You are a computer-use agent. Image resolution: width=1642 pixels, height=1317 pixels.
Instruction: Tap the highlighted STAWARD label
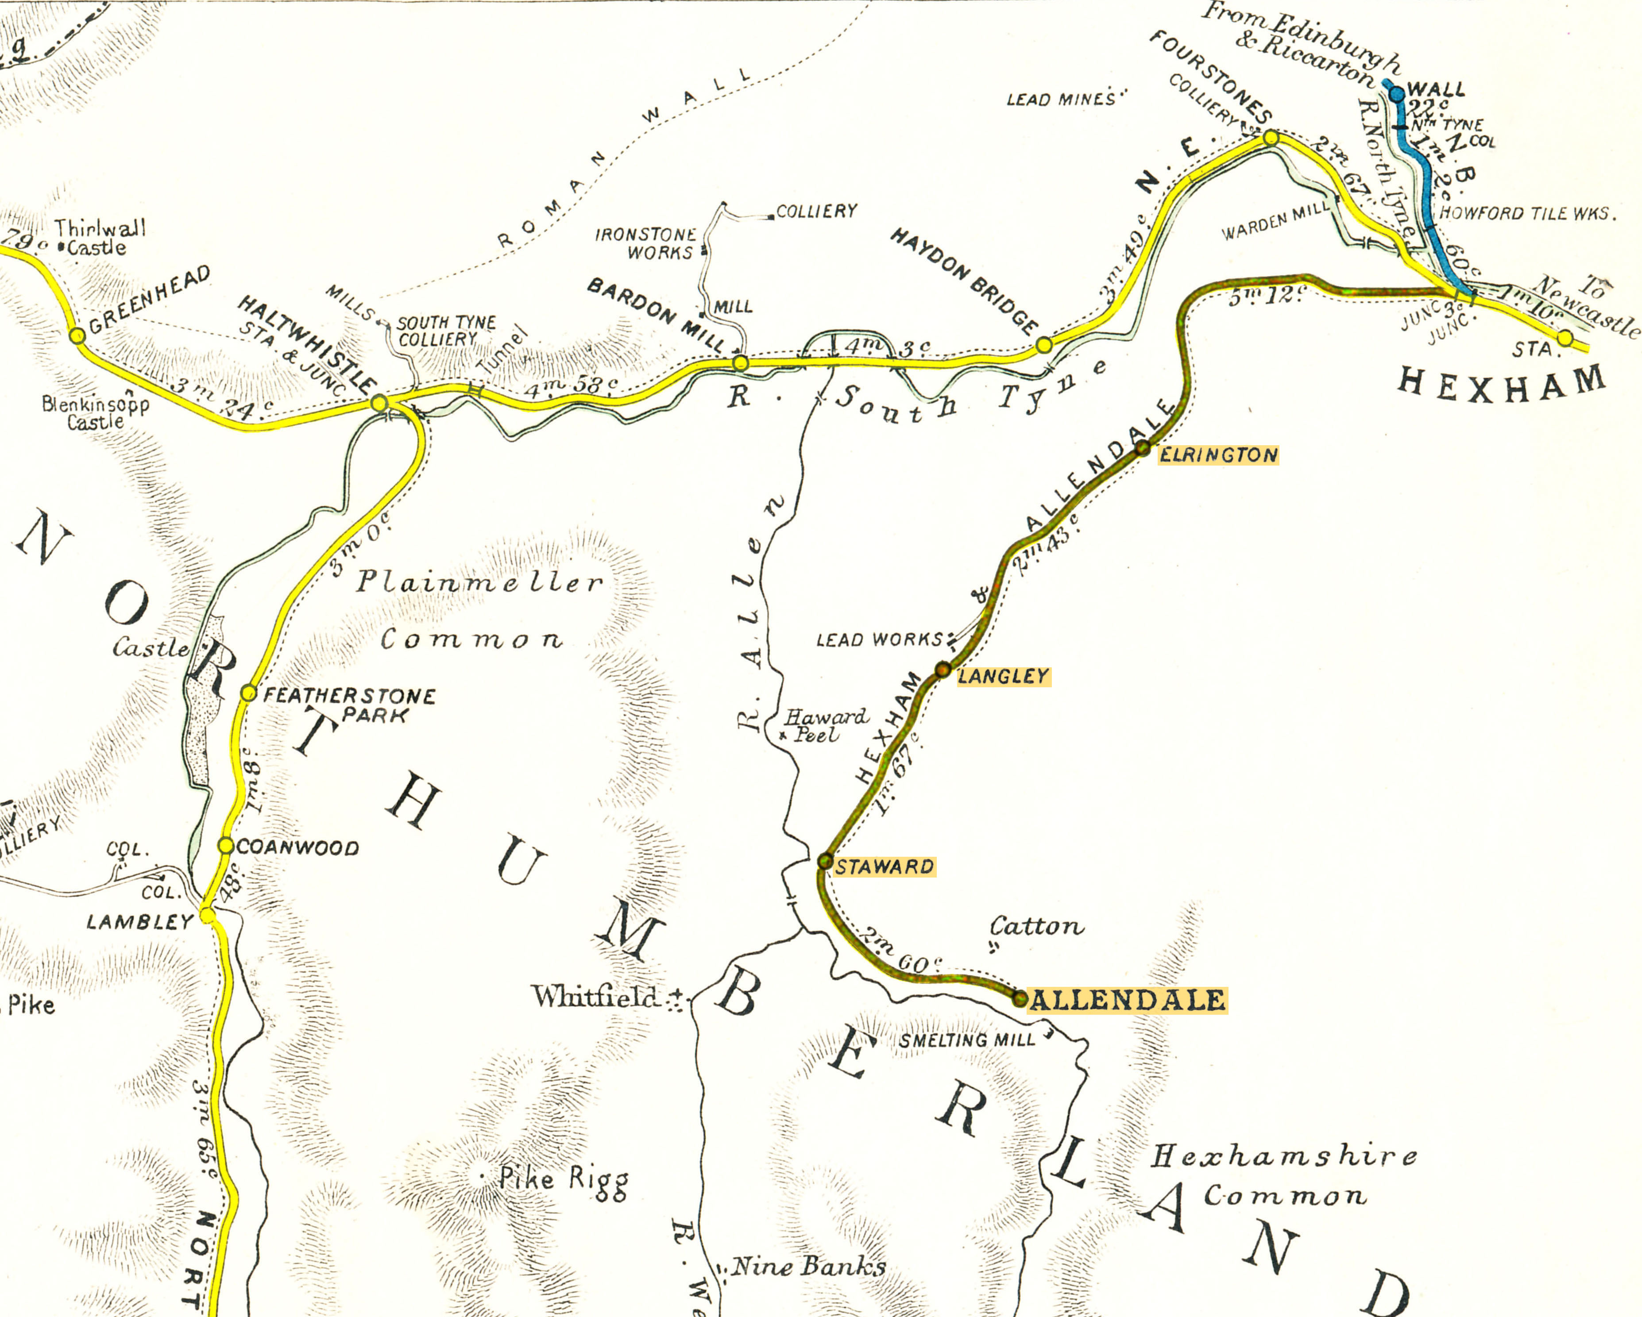(x=884, y=867)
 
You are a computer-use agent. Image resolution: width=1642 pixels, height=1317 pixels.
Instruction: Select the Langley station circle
(x=943, y=670)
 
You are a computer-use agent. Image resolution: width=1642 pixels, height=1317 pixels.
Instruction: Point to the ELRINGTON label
(x=1218, y=455)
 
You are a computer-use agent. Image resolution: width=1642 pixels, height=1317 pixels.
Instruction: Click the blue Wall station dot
(x=1397, y=94)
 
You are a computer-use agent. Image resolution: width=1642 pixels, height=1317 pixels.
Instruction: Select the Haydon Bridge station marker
(x=1044, y=346)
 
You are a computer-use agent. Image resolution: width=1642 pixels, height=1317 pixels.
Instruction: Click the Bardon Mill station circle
(x=740, y=363)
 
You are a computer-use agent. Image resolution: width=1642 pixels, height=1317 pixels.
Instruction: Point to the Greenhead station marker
(x=77, y=335)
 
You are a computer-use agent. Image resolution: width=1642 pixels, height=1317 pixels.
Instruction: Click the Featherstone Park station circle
(x=248, y=693)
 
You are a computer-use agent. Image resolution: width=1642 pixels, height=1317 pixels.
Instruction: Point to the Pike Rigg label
(x=564, y=1179)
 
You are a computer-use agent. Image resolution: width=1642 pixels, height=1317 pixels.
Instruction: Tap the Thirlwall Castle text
(x=99, y=238)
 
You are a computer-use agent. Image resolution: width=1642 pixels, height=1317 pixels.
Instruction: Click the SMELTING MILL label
(x=967, y=1040)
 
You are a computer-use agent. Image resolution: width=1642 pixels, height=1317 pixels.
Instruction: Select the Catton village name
(x=1036, y=927)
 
